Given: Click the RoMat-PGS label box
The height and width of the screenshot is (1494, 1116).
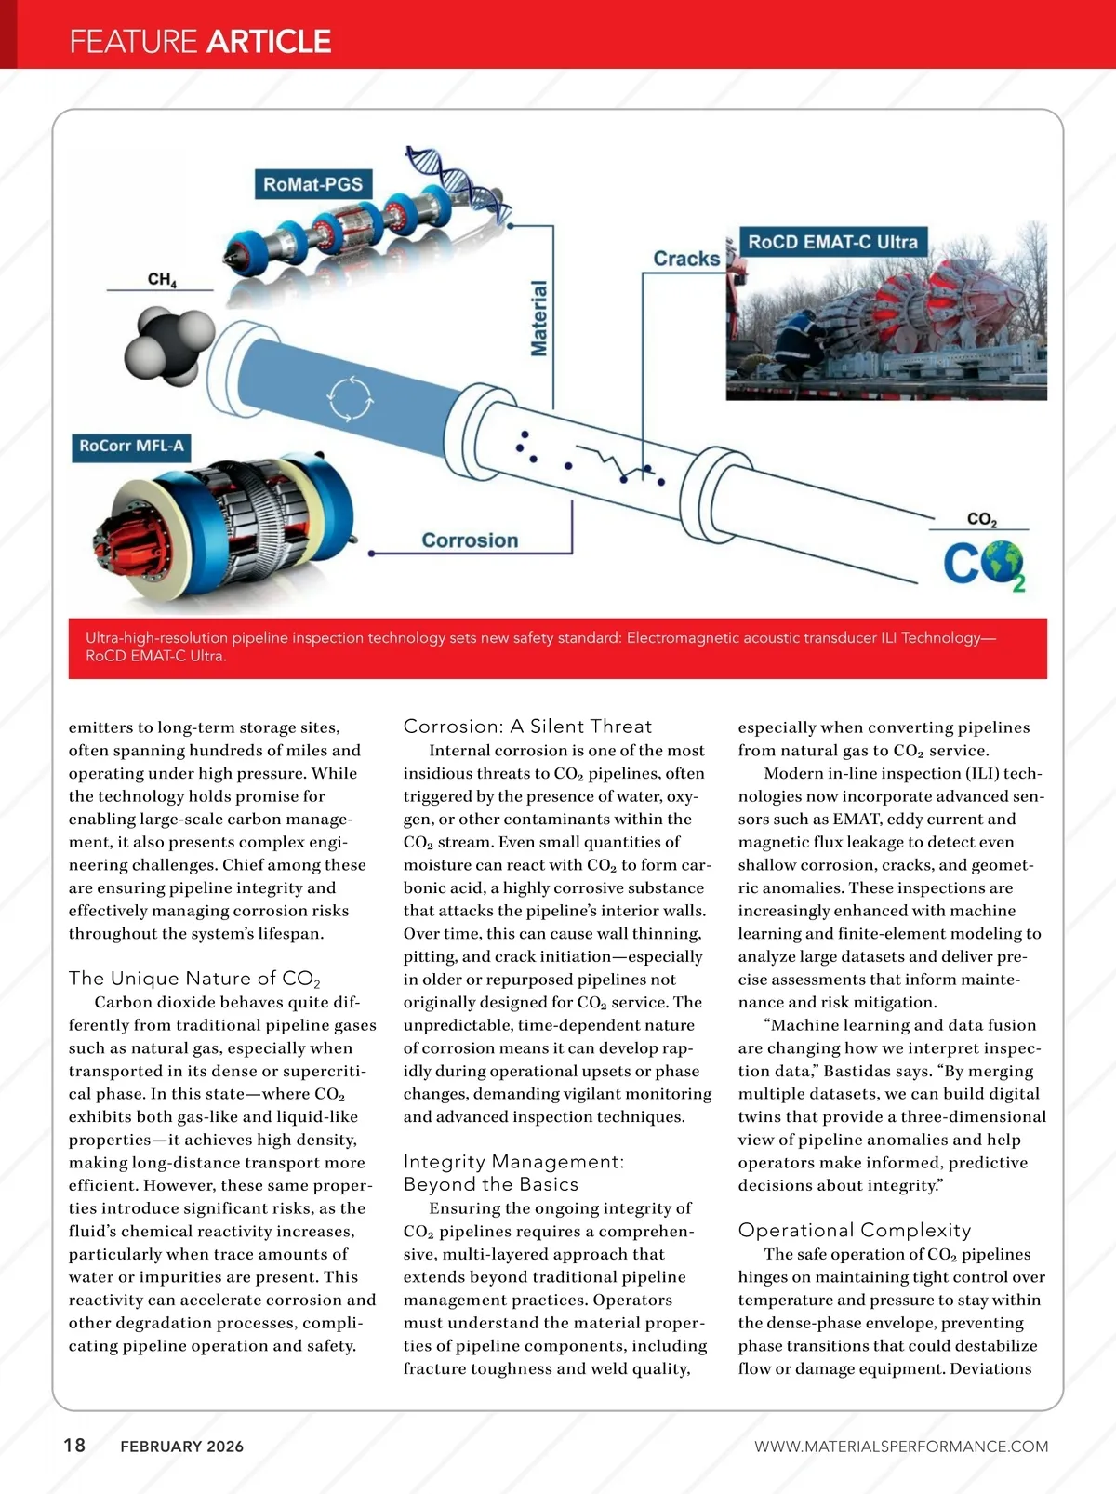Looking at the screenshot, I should tap(312, 184).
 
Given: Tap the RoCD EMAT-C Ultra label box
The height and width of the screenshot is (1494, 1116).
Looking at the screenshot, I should tap(832, 242).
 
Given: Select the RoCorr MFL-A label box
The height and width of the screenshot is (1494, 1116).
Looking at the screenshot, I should tap(131, 447).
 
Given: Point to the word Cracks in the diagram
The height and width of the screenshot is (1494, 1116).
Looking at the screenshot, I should tap(686, 259).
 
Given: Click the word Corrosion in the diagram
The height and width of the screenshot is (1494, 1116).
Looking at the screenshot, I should tap(470, 540).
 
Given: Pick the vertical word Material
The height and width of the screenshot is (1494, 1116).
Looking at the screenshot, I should tap(538, 318).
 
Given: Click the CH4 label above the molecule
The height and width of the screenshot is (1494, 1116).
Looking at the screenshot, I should tap(162, 279).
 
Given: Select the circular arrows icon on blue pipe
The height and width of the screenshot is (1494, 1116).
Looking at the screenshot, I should tap(350, 399).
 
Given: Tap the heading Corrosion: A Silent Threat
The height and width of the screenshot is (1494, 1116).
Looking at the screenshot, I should tap(527, 727).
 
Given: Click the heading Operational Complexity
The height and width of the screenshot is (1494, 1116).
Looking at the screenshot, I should tap(854, 1230).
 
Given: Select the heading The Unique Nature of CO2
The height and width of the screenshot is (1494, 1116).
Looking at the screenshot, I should tap(194, 979).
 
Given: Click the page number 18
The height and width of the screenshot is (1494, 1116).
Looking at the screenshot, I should tap(74, 1445).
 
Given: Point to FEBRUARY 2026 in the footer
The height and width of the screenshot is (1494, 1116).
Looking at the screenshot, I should tap(181, 1447).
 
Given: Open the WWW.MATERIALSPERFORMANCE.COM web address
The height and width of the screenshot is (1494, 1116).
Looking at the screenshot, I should tap(900, 1447).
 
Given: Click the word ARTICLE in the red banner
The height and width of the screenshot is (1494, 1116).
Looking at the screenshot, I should tap(269, 42).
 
